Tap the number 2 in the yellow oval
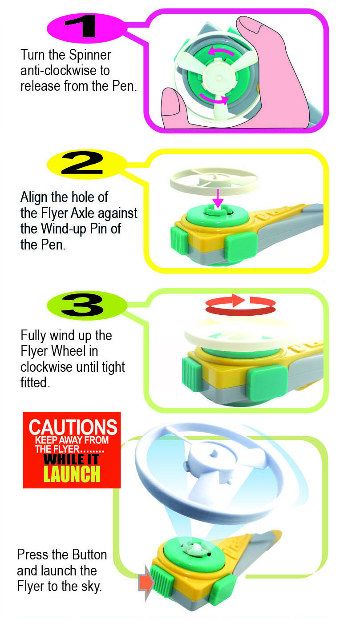(x=82, y=164)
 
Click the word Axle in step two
(x=83, y=213)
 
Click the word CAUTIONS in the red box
(x=73, y=427)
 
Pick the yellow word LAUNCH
(x=72, y=474)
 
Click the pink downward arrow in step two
(x=218, y=198)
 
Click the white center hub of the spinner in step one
(x=219, y=78)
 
